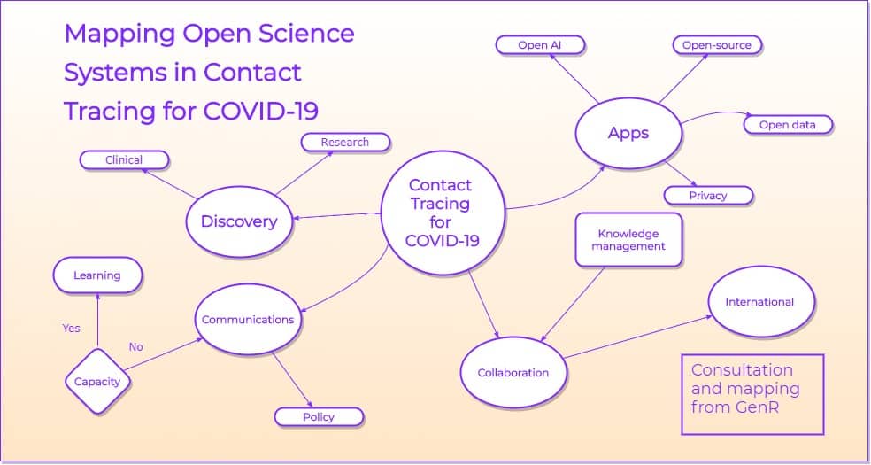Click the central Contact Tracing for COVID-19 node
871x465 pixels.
439,213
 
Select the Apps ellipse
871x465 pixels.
628,134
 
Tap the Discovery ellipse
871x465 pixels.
238,221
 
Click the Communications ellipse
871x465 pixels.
248,320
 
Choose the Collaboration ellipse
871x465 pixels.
513,373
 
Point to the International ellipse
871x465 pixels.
759,302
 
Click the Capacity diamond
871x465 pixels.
97,383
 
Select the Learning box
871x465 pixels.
97,275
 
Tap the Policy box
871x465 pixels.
319,417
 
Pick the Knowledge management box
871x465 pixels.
628,240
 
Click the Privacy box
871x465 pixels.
708,196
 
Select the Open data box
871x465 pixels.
787,125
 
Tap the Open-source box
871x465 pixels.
716,45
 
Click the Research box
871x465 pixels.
344,142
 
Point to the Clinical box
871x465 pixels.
124,160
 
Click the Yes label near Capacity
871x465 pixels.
71,328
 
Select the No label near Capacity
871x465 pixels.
135,347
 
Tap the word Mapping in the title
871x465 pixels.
119,34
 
